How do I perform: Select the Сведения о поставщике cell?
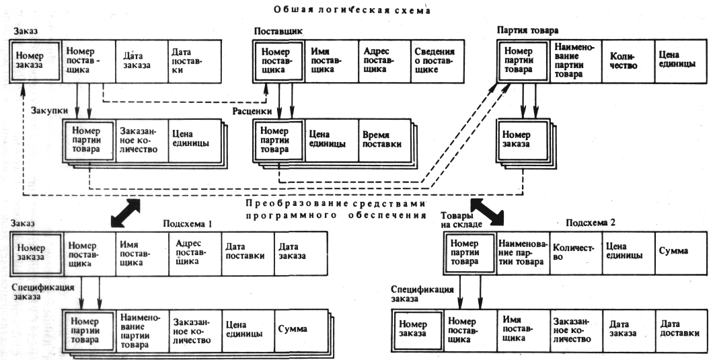tap(435, 60)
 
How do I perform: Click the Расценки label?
tap(252, 111)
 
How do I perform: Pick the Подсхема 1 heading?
tap(188, 223)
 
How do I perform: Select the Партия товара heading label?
tap(527, 31)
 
